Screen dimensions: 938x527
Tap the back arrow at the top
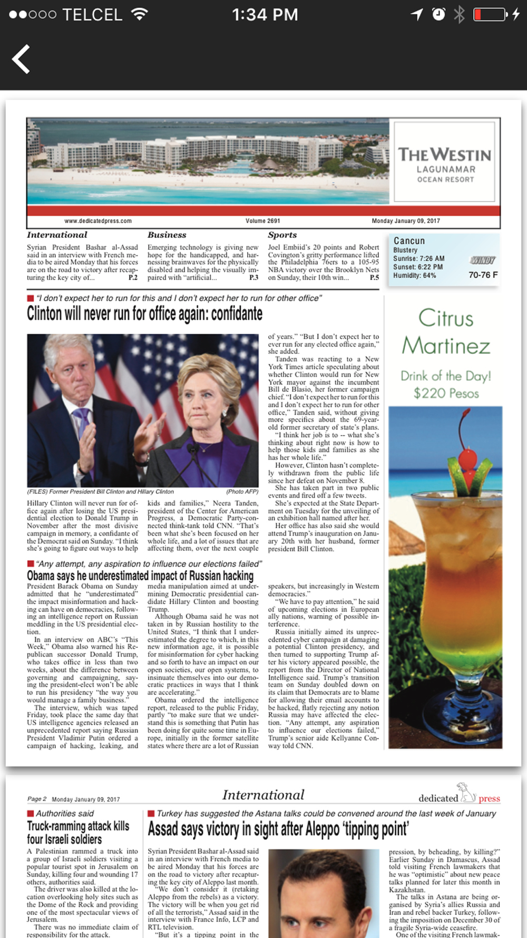[21, 59]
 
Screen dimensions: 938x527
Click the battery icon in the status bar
[490, 14]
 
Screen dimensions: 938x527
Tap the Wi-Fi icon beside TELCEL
[139, 14]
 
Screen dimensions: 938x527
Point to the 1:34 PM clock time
[265, 14]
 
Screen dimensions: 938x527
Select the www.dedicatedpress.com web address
[98, 221]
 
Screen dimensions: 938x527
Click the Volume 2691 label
[262, 221]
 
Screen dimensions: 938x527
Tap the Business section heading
[167, 235]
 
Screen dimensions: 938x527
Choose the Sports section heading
[282, 235]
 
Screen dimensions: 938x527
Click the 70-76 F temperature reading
[483, 275]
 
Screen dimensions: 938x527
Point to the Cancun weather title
[409, 241]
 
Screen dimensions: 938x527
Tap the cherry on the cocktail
[467, 458]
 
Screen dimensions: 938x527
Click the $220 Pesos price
[446, 393]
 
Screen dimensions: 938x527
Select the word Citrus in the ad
[446, 319]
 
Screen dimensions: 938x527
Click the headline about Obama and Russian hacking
[140, 576]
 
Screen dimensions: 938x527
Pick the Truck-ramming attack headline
[78, 832]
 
